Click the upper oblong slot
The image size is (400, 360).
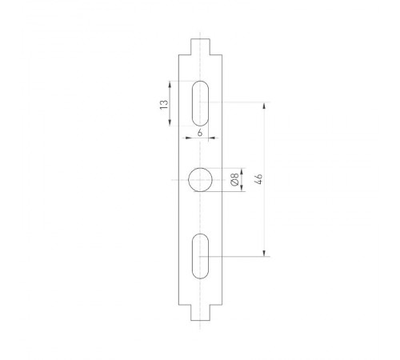201,102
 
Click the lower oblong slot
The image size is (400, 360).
201,256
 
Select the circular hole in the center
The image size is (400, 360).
201,181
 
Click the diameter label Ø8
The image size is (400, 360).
234,180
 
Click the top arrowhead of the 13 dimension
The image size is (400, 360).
170,82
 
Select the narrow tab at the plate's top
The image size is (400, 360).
201,46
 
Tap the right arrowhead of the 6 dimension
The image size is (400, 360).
212,136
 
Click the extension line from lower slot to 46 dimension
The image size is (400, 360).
240,256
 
